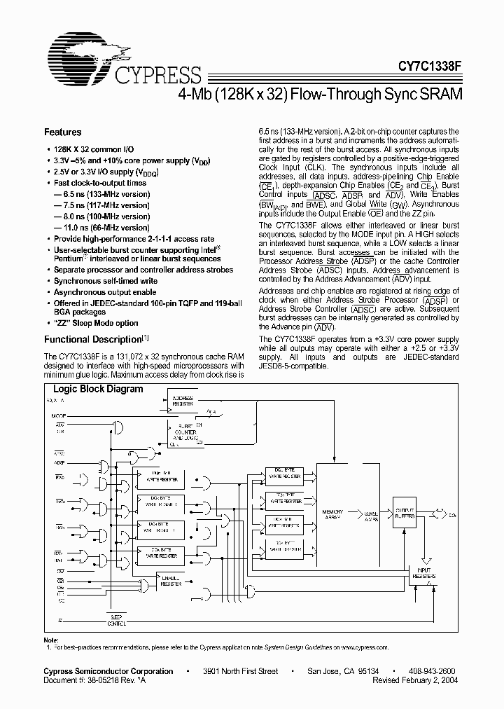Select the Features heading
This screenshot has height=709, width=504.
63,132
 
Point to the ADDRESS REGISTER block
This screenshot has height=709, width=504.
183,401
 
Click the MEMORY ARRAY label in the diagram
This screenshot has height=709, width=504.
332,515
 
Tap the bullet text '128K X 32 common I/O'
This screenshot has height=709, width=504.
94,150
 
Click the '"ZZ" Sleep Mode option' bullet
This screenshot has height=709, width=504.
96,323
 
